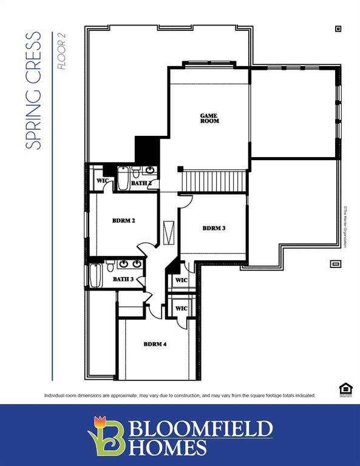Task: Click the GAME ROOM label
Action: pyautogui.click(x=209, y=118)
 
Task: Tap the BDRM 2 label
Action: pyautogui.click(x=123, y=221)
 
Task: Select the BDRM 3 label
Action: pyautogui.click(x=214, y=228)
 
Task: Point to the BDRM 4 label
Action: pyautogui.click(x=155, y=344)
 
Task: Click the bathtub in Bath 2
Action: pyautogui.click(x=123, y=179)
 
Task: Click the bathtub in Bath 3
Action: pyautogui.click(x=95, y=277)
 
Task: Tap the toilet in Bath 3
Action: pyautogui.click(x=110, y=266)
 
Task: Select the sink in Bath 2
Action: pyautogui.click(x=150, y=171)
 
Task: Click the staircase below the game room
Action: pyautogui.click(x=213, y=181)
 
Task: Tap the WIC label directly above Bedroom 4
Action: pyautogui.click(x=181, y=308)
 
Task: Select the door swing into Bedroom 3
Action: pyautogui.click(x=186, y=200)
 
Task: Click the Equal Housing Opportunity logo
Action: pyautogui.click(x=345, y=390)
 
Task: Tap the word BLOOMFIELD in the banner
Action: pyautogui.click(x=200, y=429)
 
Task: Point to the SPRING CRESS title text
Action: pyautogui.click(x=35, y=91)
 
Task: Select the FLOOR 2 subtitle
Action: pyautogui.click(x=61, y=51)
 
